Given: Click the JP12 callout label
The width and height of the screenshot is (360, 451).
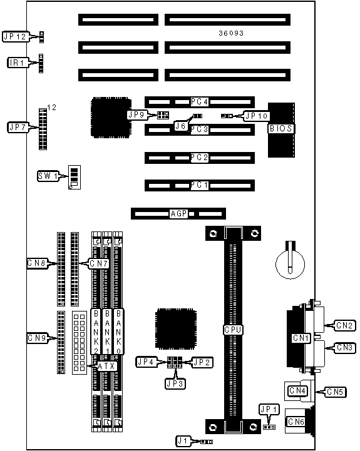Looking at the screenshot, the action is tap(16, 36).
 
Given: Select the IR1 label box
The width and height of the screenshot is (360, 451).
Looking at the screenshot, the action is tap(18, 63).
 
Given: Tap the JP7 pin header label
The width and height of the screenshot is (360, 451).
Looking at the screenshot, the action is tap(18, 127).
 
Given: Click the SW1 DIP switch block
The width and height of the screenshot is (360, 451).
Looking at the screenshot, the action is tap(75, 177).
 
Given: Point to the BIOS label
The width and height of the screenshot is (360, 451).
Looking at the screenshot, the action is tap(280, 128).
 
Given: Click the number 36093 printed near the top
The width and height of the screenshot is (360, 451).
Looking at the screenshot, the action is tap(231, 33).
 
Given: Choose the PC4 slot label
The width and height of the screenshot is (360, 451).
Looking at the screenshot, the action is tap(200, 101).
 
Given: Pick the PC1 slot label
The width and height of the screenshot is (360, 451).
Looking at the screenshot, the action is tap(200, 185).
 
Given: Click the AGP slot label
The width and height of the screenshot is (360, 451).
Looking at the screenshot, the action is tap(179, 214).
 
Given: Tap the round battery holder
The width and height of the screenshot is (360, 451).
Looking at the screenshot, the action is tap(291, 264).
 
